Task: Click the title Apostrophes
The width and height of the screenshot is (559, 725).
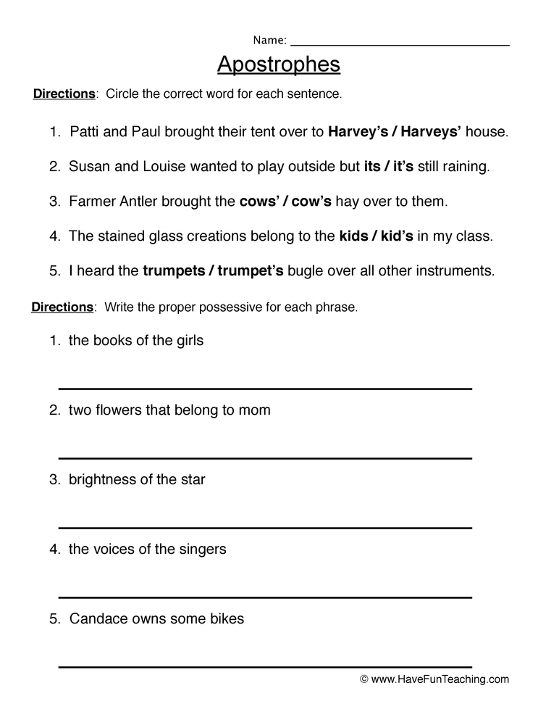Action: (279, 65)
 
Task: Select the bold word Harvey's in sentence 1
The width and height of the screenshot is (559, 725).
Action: (357, 132)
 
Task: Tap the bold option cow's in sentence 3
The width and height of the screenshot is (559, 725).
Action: (311, 202)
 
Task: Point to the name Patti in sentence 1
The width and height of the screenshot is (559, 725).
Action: (85, 132)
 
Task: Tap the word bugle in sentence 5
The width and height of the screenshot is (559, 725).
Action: (306, 271)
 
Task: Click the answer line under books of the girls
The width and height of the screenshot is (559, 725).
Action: (265, 389)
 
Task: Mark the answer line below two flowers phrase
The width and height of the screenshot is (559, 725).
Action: (265, 458)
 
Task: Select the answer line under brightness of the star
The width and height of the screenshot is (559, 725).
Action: (265, 528)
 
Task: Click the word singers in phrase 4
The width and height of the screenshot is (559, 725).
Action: (203, 549)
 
